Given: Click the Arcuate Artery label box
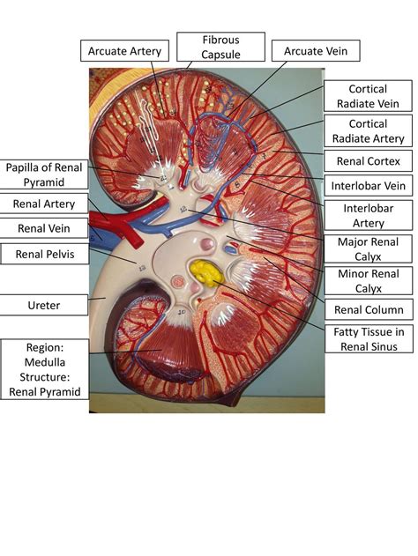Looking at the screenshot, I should (124, 51).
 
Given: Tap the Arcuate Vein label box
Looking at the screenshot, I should (316, 51).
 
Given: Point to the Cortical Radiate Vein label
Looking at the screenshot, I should (368, 96).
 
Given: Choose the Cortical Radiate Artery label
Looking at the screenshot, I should (368, 131).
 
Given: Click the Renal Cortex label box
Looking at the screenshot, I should (368, 161).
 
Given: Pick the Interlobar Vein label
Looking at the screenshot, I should (368, 186).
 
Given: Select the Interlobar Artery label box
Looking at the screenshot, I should (368, 215).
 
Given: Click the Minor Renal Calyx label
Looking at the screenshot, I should (368, 280).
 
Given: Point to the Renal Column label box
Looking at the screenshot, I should (368, 309).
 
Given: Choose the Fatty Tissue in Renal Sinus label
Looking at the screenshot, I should (368, 338).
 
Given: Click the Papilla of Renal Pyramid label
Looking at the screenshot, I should (44, 174).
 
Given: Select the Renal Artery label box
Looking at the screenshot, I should (44, 204).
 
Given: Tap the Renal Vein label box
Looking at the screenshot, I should (44, 229).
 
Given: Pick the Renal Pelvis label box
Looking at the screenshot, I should (44, 255).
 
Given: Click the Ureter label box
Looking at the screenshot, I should (44, 305).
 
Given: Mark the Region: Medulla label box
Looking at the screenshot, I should (44, 369).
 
